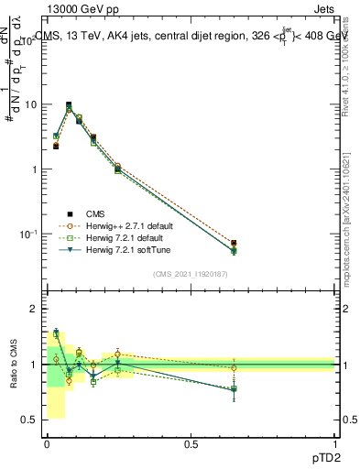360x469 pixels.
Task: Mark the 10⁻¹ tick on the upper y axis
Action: (x=28, y=234)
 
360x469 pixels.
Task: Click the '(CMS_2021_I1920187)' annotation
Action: (x=191, y=274)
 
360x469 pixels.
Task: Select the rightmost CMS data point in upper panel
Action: (x=234, y=244)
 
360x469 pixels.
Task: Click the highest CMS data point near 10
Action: (x=69, y=105)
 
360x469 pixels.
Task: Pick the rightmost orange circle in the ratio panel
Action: (x=234, y=368)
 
